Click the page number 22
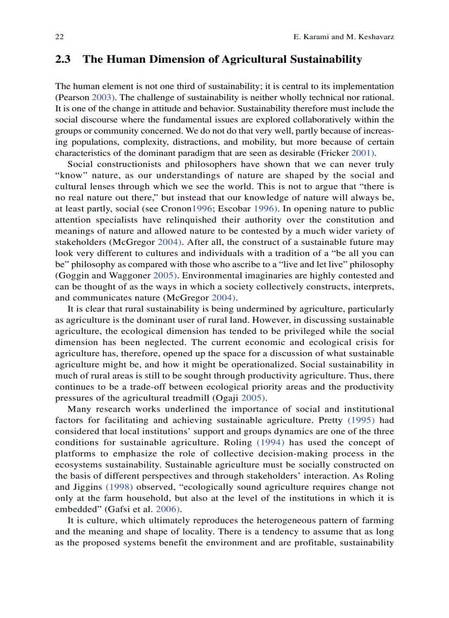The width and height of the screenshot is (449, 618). pos(59,36)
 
